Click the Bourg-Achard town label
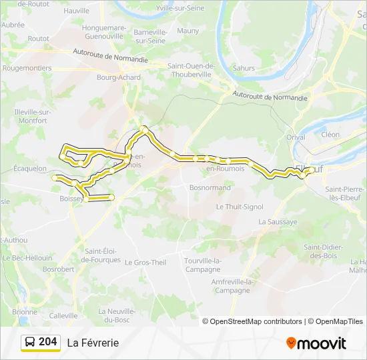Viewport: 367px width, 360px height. [x=119, y=77]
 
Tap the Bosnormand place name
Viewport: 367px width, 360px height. [x=210, y=188]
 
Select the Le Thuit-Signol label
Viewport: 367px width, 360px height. [x=240, y=207]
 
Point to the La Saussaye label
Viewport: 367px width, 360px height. [x=276, y=221]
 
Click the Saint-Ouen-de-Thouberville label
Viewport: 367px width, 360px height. [x=190, y=70]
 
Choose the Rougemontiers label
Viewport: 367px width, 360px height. [x=27, y=68]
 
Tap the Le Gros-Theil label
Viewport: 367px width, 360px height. [x=145, y=263]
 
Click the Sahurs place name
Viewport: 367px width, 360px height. [x=244, y=68]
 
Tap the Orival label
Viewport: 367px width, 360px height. [x=296, y=137]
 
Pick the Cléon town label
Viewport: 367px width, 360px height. [x=330, y=134]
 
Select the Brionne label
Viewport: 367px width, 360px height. [x=25, y=312]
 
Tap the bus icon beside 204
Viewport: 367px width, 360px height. [x=30, y=342]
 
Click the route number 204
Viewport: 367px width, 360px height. [x=48, y=342]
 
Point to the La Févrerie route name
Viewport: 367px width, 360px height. [x=93, y=343]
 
